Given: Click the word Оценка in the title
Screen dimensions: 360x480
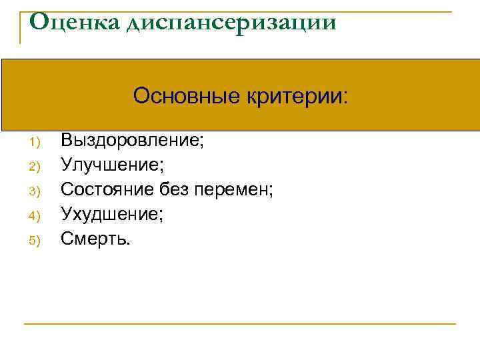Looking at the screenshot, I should [x=72, y=22].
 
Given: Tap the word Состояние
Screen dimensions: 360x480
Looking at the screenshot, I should [x=107, y=189].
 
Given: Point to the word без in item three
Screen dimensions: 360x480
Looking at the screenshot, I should [x=175, y=189].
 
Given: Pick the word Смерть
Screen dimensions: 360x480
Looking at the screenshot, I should [x=93, y=238].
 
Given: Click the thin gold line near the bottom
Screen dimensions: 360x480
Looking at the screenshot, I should [x=240, y=324].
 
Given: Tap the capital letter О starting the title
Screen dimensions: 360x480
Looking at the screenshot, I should [x=40, y=22].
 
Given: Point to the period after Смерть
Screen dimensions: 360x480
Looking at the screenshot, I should [x=129, y=243].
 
